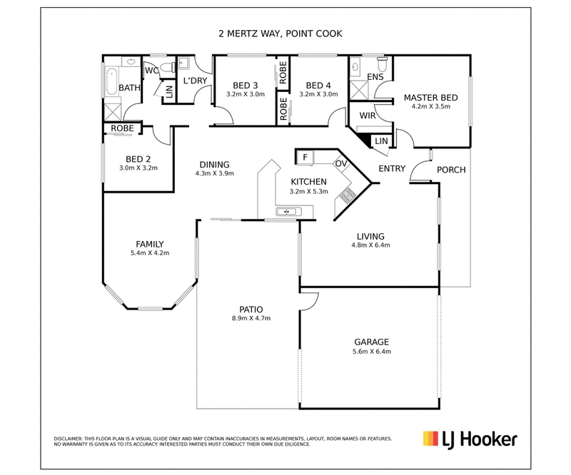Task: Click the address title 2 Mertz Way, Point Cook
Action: point(280,34)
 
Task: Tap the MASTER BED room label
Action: point(431,98)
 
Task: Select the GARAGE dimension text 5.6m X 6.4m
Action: point(371,351)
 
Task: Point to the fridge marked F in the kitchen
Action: point(305,158)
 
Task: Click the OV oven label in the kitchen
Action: point(341,163)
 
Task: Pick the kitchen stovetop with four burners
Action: point(348,195)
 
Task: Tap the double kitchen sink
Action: point(288,211)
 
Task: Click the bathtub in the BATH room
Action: point(111,82)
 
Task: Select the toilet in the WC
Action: point(168,67)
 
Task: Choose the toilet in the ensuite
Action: point(382,64)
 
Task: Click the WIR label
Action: point(368,116)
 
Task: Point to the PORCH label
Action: point(451,170)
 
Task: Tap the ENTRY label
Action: point(392,168)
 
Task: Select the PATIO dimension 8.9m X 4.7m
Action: point(251,318)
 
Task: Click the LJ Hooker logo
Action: point(470,439)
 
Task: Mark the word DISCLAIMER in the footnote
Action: point(68,439)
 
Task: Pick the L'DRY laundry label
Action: point(195,81)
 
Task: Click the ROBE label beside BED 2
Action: point(122,128)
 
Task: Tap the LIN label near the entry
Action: point(381,141)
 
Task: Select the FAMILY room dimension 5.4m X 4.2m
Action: point(150,253)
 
